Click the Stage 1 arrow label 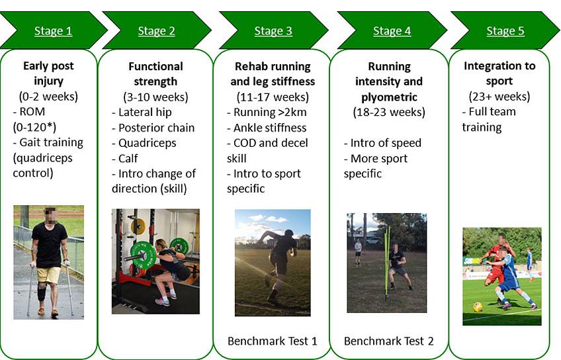pyautogui.click(x=54, y=31)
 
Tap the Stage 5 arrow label pyautogui.click(x=505, y=31)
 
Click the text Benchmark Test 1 pyautogui.click(x=273, y=341)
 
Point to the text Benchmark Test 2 pyautogui.click(x=388, y=341)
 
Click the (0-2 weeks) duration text pyautogui.click(x=48, y=97)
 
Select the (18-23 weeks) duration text pyautogui.click(x=389, y=112)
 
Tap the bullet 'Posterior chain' pyautogui.click(x=153, y=128)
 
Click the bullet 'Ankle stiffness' pyautogui.click(x=267, y=128)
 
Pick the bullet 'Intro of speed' pyautogui.click(x=382, y=143)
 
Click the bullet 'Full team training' pyautogui.click(x=489, y=120)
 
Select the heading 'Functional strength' pyautogui.click(x=155, y=73)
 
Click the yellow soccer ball pyautogui.click(x=477, y=306)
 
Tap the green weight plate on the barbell pyautogui.click(x=143, y=255)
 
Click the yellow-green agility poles pyautogui.click(x=387, y=263)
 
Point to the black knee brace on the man pyautogui.click(x=42, y=292)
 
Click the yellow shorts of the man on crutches pyautogui.click(x=49, y=275)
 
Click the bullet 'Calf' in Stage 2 pyautogui.click(x=124, y=158)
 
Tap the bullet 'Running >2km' pyautogui.click(x=267, y=112)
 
